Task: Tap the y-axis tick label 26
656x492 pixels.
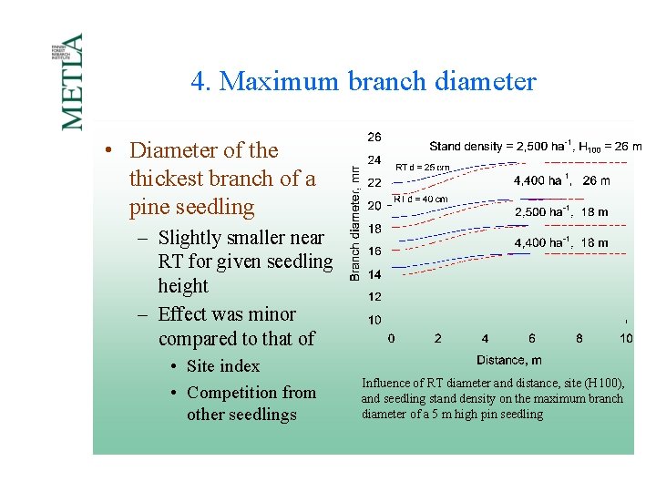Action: point(374,138)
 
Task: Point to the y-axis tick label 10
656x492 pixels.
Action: point(374,320)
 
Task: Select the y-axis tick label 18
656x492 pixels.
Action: point(374,229)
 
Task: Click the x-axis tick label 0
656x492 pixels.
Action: point(391,339)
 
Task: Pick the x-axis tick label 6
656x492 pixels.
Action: point(532,339)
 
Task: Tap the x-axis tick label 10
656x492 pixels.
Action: point(625,339)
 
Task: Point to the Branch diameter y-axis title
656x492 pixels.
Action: point(355,222)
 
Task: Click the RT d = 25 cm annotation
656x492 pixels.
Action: point(422,168)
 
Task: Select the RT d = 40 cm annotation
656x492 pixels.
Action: point(420,199)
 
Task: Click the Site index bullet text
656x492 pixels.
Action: point(223,366)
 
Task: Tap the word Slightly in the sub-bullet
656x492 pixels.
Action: point(190,238)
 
